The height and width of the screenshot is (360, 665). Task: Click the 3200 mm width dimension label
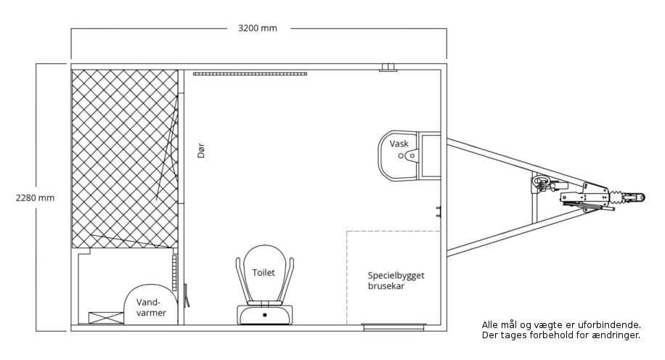click(258, 28)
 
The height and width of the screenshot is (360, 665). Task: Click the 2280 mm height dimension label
click(35, 197)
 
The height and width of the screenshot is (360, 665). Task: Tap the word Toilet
click(264, 273)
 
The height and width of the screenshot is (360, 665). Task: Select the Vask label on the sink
click(399, 144)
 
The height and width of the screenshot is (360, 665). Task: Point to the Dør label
click(201, 150)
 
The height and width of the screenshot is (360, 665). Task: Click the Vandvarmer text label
click(151, 308)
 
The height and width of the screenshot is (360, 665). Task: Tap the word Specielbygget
click(396, 276)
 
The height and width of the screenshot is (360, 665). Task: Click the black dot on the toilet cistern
click(265, 314)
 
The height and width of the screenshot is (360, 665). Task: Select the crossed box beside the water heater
click(106, 318)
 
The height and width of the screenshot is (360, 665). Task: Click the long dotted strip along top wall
click(250, 74)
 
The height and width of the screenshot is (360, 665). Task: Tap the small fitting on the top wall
click(388, 67)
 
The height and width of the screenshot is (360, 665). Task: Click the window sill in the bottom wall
click(394, 326)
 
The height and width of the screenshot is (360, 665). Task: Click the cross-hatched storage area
click(125, 158)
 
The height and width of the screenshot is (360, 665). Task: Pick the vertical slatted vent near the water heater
click(174, 272)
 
